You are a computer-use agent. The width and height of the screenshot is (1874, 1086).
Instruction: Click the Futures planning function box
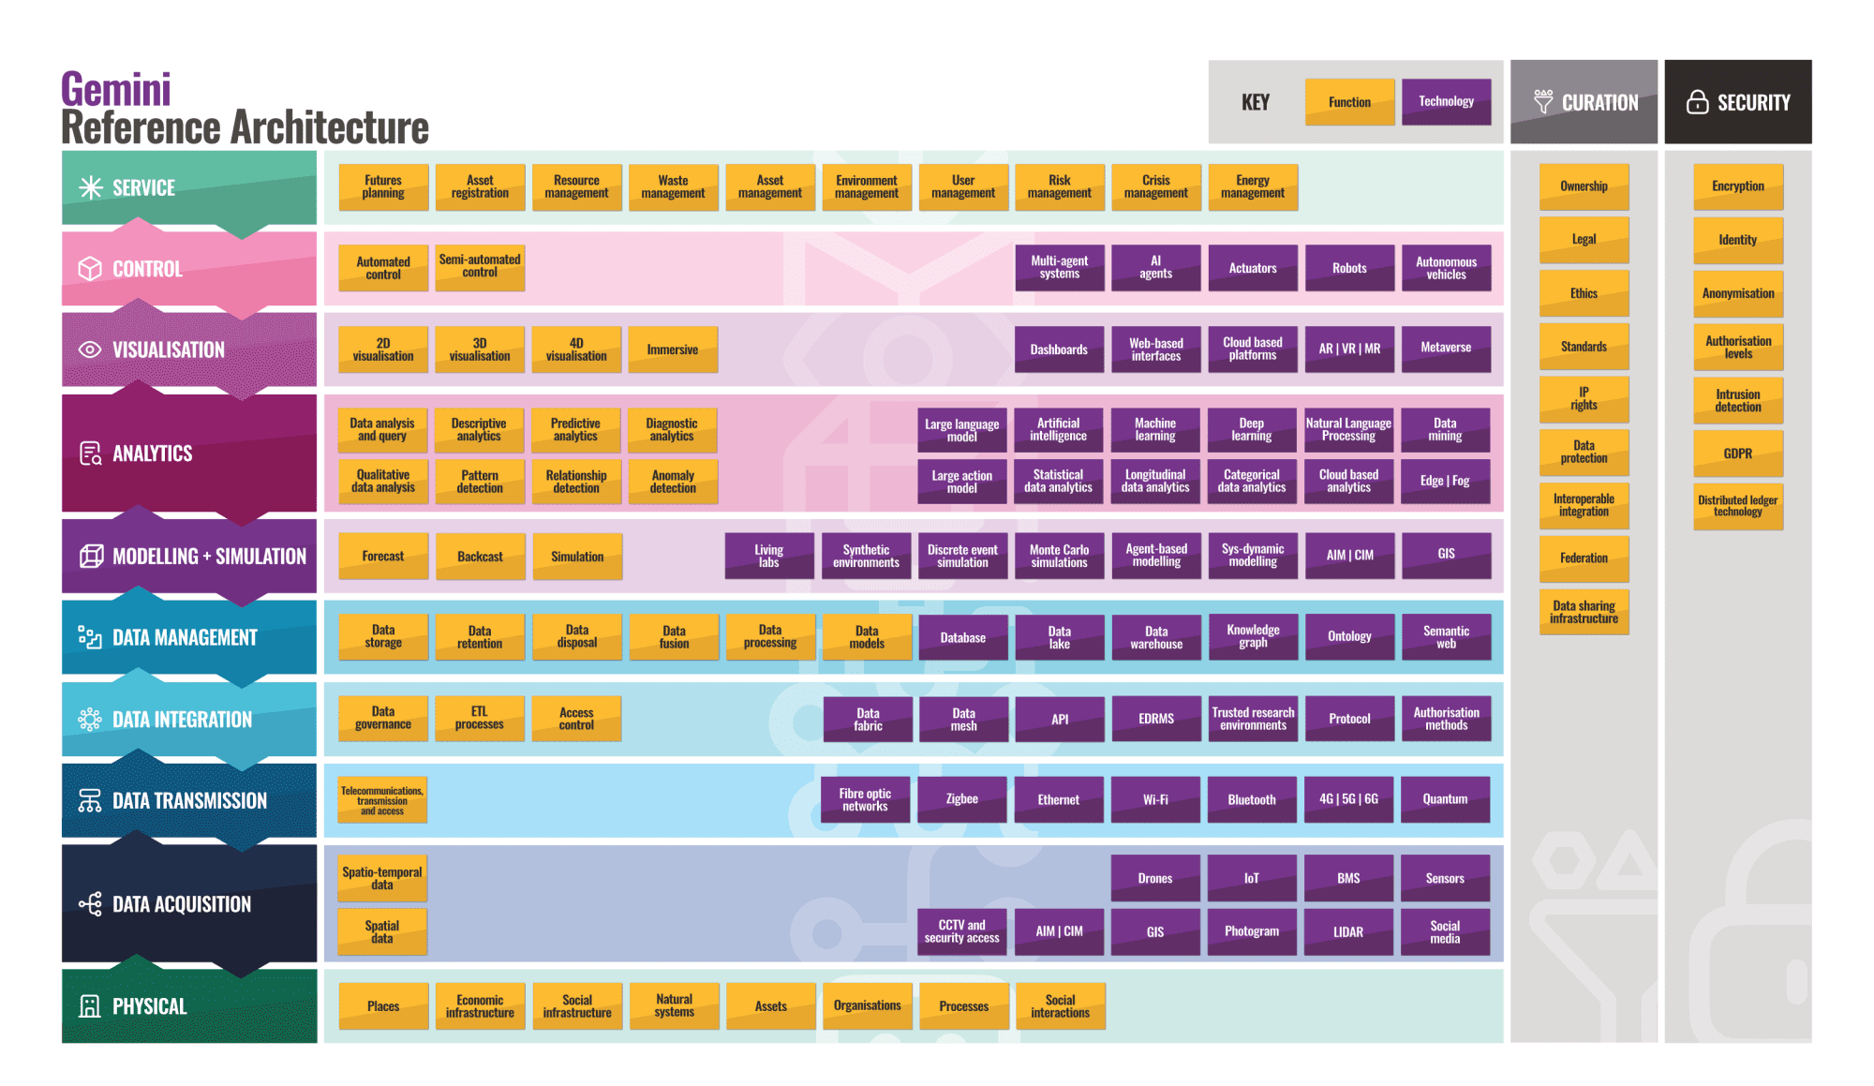click(x=383, y=187)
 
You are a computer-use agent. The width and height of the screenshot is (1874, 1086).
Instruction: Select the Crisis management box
click(x=1156, y=187)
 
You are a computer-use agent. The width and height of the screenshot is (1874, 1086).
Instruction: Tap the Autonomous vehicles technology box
click(x=1446, y=268)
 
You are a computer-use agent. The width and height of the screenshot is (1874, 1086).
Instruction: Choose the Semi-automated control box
click(x=480, y=267)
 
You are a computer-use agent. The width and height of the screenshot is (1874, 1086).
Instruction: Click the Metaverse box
click(x=1446, y=349)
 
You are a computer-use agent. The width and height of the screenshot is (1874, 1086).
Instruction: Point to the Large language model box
click(x=961, y=430)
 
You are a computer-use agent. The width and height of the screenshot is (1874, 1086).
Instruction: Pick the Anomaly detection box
click(x=673, y=482)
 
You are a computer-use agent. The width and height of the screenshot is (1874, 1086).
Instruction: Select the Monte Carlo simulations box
click(x=1059, y=557)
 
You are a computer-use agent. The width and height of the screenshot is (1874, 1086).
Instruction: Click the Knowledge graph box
click(x=1253, y=637)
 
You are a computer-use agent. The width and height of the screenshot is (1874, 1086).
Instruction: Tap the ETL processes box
click(x=480, y=719)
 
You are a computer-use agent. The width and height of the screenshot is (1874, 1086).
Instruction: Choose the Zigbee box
click(x=961, y=799)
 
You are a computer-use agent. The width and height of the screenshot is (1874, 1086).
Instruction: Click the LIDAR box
click(x=1348, y=931)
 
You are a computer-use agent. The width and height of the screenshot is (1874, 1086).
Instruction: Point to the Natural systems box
click(x=674, y=1006)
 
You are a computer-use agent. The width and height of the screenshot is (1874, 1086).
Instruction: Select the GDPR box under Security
click(x=1738, y=454)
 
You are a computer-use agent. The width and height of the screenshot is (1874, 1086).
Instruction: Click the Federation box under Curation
click(x=1584, y=558)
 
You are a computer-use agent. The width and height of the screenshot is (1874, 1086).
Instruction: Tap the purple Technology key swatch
click(x=1446, y=102)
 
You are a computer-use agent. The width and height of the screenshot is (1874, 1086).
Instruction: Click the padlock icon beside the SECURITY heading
click(x=1697, y=102)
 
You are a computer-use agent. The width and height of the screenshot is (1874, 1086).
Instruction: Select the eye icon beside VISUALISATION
click(x=90, y=350)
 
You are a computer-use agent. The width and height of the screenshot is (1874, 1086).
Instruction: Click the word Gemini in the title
click(x=116, y=90)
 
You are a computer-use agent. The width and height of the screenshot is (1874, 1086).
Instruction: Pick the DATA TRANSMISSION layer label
click(x=189, y=801)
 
